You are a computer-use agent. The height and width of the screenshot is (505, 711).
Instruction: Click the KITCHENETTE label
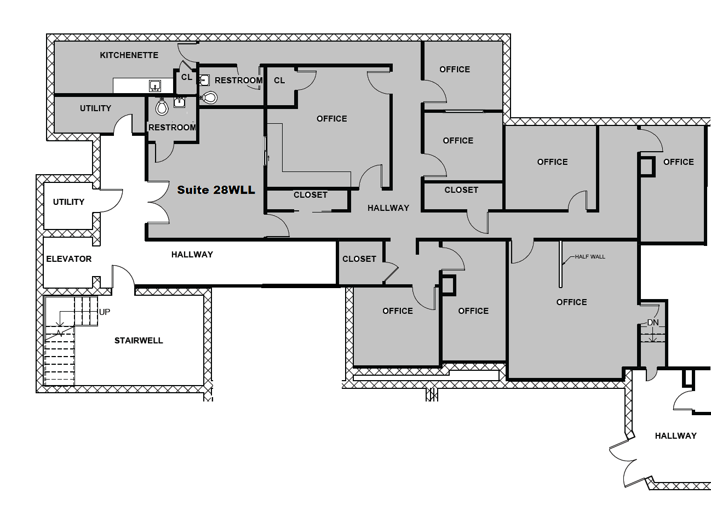(x=129, y=55)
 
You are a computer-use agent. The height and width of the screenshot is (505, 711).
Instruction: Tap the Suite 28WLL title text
(x=216, y=190)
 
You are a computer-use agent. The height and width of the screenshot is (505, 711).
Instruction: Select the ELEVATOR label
(x=69, y=259)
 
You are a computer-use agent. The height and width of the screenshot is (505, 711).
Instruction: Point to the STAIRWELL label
(x=139, y=341)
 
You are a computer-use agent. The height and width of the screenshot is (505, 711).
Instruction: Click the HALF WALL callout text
(x=590, y=256)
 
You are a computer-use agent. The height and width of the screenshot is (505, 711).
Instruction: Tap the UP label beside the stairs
(x=105, y=312)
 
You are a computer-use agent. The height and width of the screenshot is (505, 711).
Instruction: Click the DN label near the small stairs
(x=653, y=323)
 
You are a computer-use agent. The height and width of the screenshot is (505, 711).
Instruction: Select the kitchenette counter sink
(x=155, y=85)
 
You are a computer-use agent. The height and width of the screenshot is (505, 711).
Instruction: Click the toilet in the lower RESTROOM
(x=162, y=106)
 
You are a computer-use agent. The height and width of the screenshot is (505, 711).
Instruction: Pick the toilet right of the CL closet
(x=209, y=97)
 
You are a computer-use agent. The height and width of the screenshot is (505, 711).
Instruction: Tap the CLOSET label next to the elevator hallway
(x=359, y=259)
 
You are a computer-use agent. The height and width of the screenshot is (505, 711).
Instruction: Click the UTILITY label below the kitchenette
(x=95, y=108)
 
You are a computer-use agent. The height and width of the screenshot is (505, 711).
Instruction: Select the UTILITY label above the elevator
(x=68, y=202)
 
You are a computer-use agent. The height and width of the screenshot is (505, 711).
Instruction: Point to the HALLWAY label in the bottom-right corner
(x=676, y=436)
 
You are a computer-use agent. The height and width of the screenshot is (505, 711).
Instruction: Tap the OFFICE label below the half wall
(x=572, y=302)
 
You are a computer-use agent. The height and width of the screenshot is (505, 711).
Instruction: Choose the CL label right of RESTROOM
(x=279, y=81)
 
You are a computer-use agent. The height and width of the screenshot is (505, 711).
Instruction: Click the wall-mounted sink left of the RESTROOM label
(x=204, y=81)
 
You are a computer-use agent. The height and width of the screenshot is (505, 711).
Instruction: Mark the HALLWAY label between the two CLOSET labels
(x=388, y=208)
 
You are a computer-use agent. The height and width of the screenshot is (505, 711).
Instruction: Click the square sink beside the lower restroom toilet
(x=179, y=102)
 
